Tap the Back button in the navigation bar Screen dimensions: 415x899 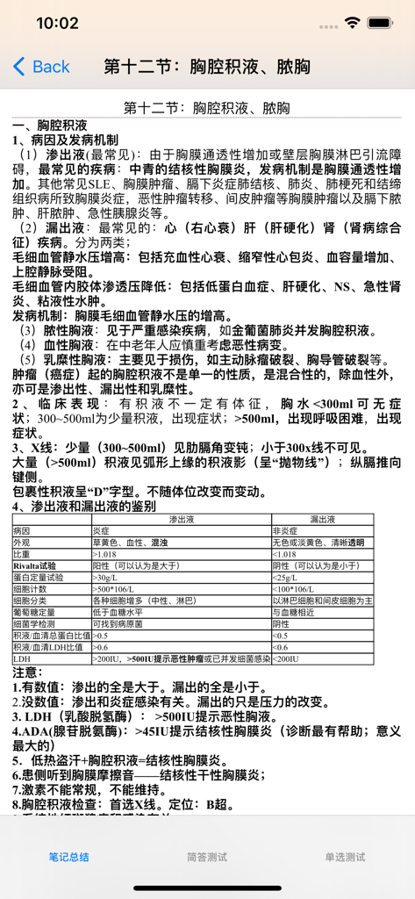(41, 67)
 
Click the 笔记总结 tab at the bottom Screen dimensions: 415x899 (68, 857)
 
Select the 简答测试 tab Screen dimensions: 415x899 (207, 857)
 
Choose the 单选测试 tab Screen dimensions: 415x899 (345, 857)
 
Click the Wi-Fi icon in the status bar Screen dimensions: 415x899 (354, 23)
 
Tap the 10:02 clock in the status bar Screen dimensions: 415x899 (57, 23)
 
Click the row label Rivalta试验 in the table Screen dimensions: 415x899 (35, 566)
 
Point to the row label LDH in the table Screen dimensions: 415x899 (21, 658)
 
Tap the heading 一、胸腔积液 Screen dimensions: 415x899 (49, 126)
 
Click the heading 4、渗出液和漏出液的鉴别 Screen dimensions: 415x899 (84, 507)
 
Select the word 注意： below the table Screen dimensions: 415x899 (31, 672)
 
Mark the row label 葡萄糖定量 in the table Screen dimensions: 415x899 (34, 612)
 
